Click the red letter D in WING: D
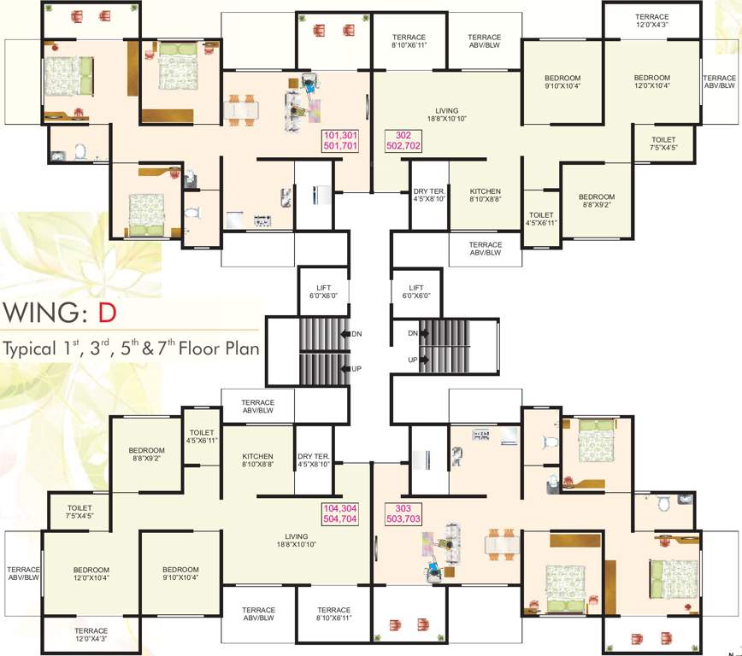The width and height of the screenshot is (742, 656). click(106, 312)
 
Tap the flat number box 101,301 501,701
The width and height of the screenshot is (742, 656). click(339, 141)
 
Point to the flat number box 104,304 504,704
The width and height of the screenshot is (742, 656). click(339, 512)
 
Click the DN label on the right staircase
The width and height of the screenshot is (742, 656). click(412, 332)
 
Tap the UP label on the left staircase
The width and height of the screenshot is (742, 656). click(356, 368)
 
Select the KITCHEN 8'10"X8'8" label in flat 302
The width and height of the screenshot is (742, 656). click(485, 195)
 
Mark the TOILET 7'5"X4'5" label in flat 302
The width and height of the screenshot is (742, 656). click(663, 143)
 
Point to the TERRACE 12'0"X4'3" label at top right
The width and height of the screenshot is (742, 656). click(651, 21)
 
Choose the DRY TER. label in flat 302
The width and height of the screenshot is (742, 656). click(427, 195)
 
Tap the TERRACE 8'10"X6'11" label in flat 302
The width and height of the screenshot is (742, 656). click(409, 41)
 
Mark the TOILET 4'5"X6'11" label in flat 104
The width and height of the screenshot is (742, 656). click(202, 436)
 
